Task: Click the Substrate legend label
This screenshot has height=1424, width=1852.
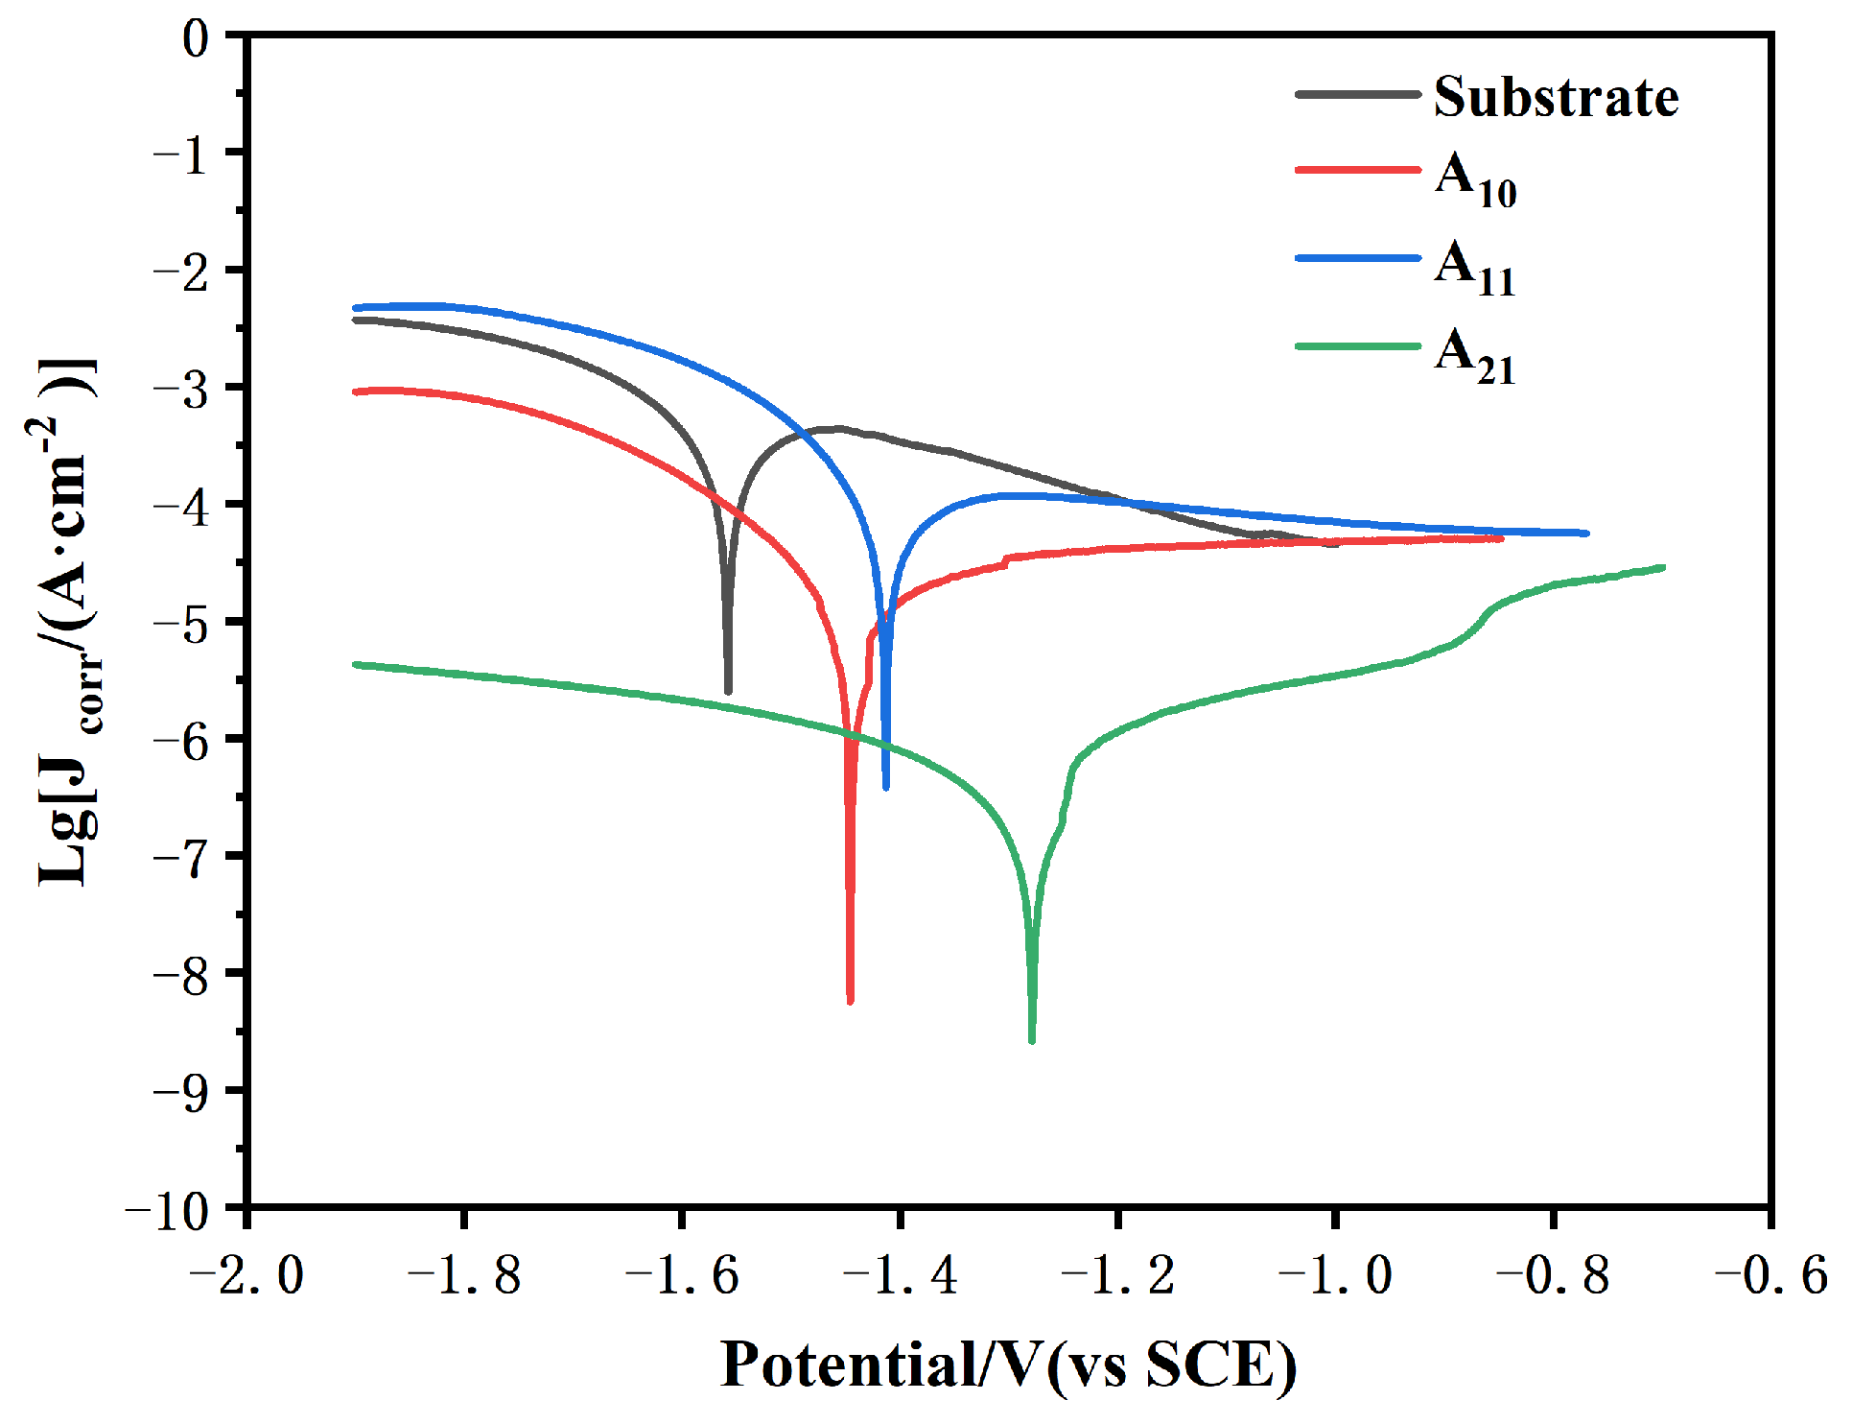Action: coord(1555,97)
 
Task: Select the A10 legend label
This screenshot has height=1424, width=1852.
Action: coord(1475,179)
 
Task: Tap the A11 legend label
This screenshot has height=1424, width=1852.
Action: coord(1475,268)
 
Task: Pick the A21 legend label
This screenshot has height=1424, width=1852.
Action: coord(1475,356)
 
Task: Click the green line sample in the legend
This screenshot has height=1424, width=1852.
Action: coord(1357,346)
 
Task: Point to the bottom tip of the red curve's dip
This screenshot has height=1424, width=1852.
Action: coord(850,1001)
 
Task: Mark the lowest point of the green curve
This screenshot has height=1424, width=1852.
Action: coord(1032,1040)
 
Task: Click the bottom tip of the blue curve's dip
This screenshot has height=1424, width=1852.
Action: coord(885,787)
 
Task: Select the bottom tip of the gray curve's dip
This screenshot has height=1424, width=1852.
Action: coord(728,691)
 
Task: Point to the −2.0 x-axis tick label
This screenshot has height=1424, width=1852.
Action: coord(246,1276)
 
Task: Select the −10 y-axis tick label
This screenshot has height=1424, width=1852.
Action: coord(167,1211)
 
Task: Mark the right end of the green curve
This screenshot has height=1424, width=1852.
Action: coord(1662,567)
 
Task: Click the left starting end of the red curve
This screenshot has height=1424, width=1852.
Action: coord(356,392)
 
